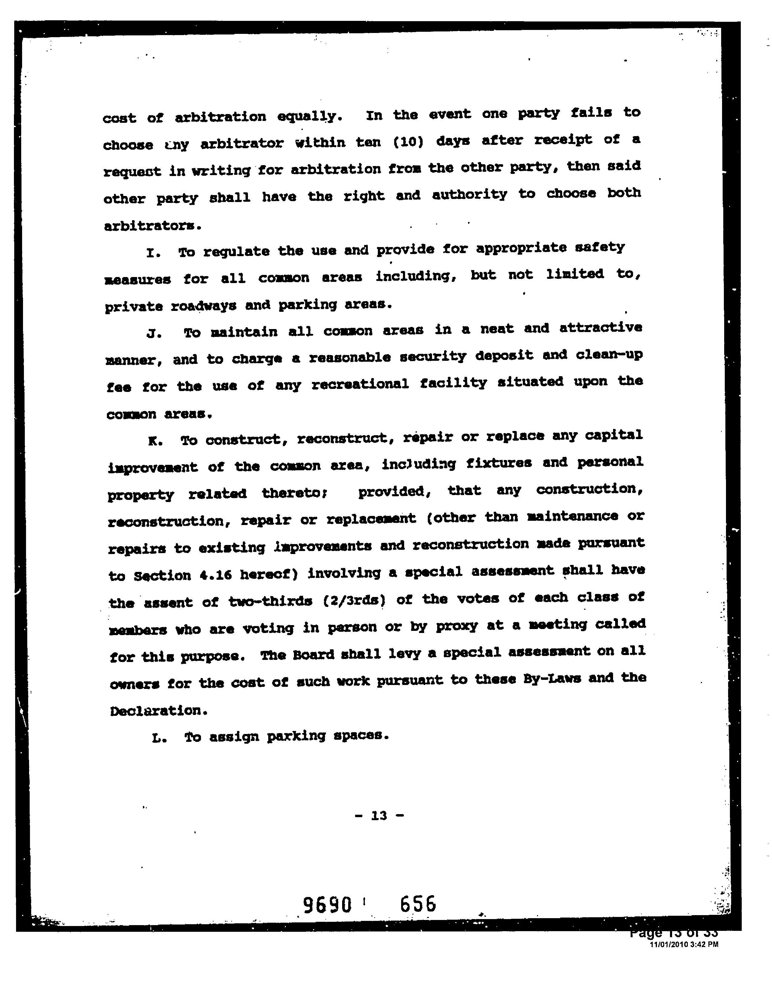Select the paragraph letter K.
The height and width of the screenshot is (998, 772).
point(154,441)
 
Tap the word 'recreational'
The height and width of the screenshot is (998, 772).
point(360,384)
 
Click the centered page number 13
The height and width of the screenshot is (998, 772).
point(379,816)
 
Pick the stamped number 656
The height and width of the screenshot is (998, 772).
point(417,903)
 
